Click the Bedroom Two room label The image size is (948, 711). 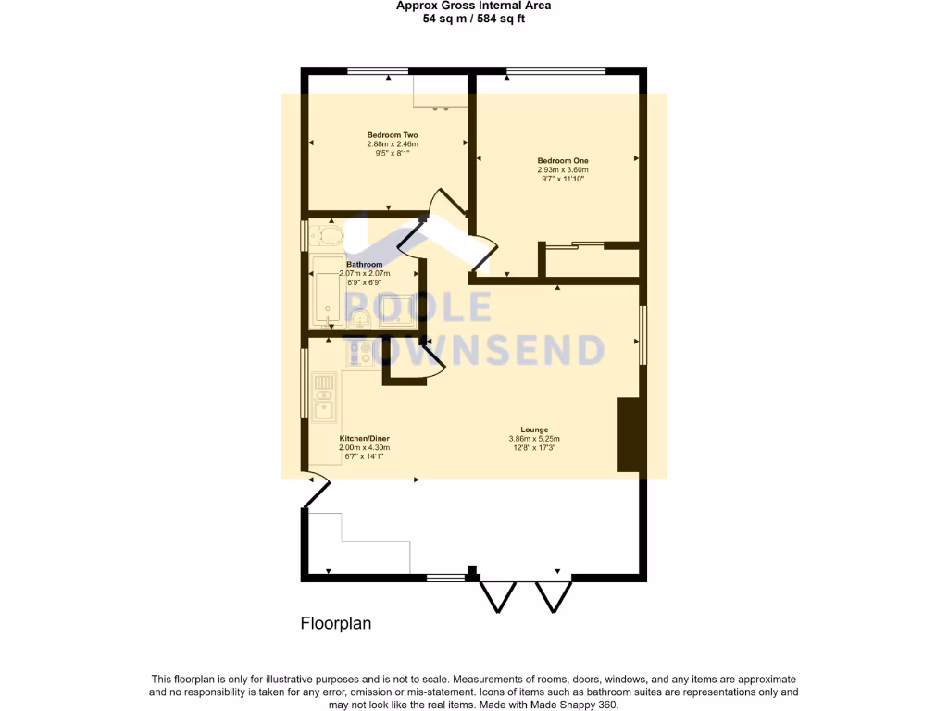(x=393, y=135)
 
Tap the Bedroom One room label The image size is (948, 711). (x=563, y=161)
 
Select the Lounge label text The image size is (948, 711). (x=534, y=430)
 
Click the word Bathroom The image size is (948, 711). (x=364, y=265)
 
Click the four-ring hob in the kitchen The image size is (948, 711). (x=359, y=352)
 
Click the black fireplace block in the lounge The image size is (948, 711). (x=629, y=434)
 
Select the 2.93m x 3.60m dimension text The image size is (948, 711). (x=563, y=170)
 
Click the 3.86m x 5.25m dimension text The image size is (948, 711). (x=534, y=439)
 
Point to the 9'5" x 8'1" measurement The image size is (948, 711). (x=393, y=154)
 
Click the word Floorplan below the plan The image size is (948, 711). (x=336, y=623)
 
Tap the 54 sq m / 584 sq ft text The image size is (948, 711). (x=473, y=18)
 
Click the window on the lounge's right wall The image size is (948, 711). (x=642, y=336)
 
